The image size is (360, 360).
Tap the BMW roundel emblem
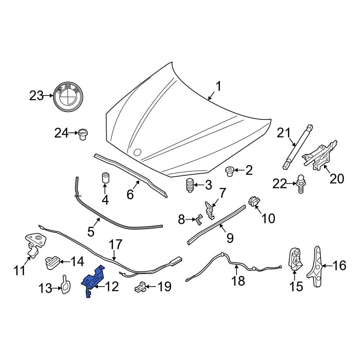click(x=68, y=95)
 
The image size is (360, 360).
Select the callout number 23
click(x=36, y=96)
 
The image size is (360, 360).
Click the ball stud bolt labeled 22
click(x=301, y=183)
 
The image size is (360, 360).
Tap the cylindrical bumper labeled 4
click(x=105, y=177)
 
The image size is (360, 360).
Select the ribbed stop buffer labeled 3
click(x=190, y=186)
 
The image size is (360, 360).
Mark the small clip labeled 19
click(x=140, y=287)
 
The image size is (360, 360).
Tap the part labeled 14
click(x=52, y=262)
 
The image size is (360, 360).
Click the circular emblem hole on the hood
click(x=137, y=152)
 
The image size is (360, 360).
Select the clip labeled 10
click(x=254, y=202)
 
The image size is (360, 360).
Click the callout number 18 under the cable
click(x=238, y=281)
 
